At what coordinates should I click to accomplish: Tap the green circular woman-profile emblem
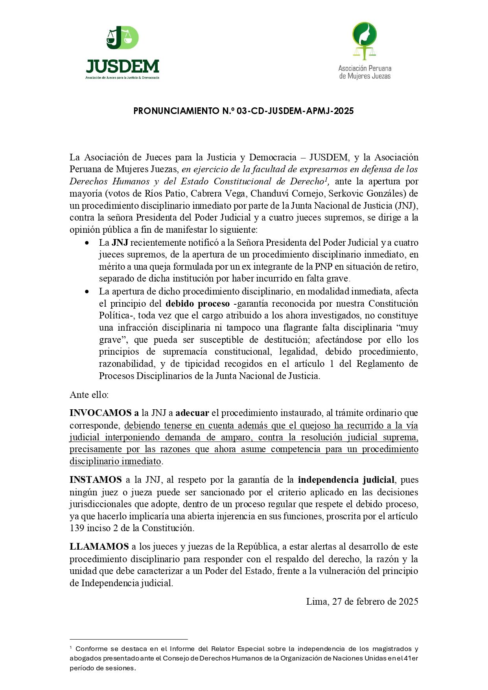click(364, 35)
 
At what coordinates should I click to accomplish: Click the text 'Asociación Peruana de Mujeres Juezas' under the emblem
click(365, 72)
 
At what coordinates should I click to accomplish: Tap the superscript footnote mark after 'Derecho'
click(326, 179)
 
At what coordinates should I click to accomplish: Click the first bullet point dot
click(87, 243)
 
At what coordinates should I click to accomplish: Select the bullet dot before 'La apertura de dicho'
click(87, 292)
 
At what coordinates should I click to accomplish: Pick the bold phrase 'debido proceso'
click(198, 304)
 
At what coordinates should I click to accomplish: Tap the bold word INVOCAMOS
click(101, 413)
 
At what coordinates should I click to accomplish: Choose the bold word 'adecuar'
click(192, 413)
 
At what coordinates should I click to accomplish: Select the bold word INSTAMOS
click(96, 480)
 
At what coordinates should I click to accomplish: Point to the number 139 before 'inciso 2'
click(77, 528)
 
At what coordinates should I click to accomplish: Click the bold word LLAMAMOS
click(99, 546)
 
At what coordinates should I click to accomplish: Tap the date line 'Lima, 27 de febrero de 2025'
click(362, 602)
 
